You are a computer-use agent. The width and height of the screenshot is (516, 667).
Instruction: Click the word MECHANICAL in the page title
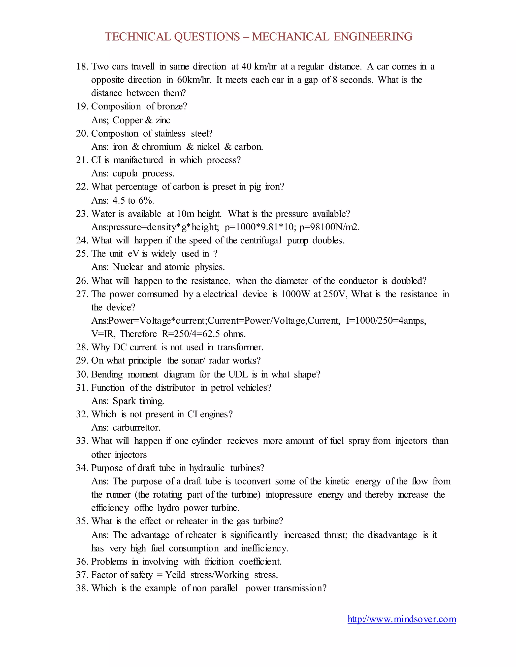(291, 37)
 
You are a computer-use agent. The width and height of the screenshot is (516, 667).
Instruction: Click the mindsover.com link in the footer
(402, 619)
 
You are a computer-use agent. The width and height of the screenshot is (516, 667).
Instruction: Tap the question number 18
(82, 67)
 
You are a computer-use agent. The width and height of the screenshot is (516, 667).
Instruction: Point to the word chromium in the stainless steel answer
(162, 147)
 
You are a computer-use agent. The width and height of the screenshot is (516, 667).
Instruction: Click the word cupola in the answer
(125, 173)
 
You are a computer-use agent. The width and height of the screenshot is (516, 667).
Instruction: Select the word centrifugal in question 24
(261, 240)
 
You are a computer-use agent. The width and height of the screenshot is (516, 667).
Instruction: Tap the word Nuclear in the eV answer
(128, 267)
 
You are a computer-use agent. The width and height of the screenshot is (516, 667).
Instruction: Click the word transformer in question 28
(240, 347)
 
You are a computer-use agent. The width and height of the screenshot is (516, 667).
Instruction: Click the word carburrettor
(136, 428)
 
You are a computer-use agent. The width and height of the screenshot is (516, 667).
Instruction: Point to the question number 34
(82, 468)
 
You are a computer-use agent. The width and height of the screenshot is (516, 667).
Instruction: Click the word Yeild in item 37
(175, 575)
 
